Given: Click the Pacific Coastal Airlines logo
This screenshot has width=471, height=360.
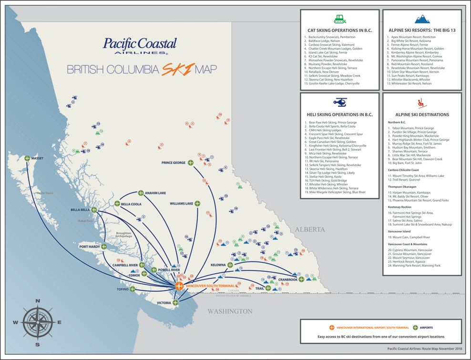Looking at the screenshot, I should pyautogui.click(x=139, y=46).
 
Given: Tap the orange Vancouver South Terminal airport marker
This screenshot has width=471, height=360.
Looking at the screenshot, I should pyautogui.click(x=179, y=286).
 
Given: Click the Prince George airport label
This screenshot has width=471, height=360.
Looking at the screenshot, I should pyautogui.click(x=173, y=163).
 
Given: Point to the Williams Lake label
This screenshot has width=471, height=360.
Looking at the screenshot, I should pyautogui.click(x=181, y=204).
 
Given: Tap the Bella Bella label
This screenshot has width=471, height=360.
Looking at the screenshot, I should pyautogui.click(x=80, y=210).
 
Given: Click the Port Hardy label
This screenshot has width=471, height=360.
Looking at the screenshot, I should pyautogui.click(x=89, y=247).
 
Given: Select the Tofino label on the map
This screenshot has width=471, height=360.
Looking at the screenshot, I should pyautogui.click(x=123, y=289).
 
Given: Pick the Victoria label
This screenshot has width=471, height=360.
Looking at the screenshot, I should pyautogui.click(x=164, y=303).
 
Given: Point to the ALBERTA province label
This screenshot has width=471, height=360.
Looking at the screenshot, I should pyautogui.click(x=309, y=229).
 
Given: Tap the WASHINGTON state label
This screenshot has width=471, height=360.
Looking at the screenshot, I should pyautogui.click(x=229, y=311).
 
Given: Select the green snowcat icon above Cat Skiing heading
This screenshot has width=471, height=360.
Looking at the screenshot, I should pyautogui.click(x=340, y=19).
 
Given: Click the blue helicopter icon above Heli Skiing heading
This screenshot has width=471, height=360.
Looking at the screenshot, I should pyautogui.click(x=340, y=103).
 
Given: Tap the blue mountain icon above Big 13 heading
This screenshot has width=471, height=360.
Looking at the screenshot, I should pyautogui.click(x=421, y=19).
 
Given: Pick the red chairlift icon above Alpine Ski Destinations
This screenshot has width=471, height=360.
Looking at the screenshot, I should pyautogui.click(x=421, y=102).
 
